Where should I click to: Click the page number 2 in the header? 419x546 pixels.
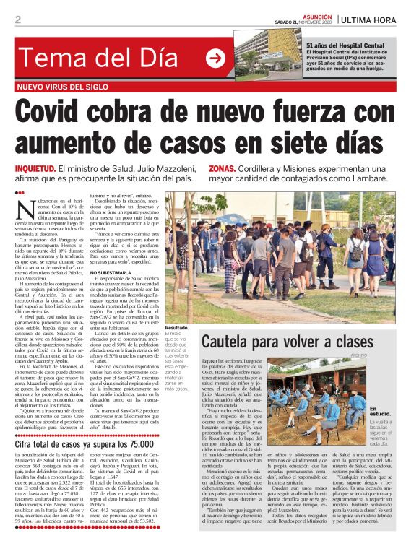point(17,19)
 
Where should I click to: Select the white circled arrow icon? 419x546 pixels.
point(215,58)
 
